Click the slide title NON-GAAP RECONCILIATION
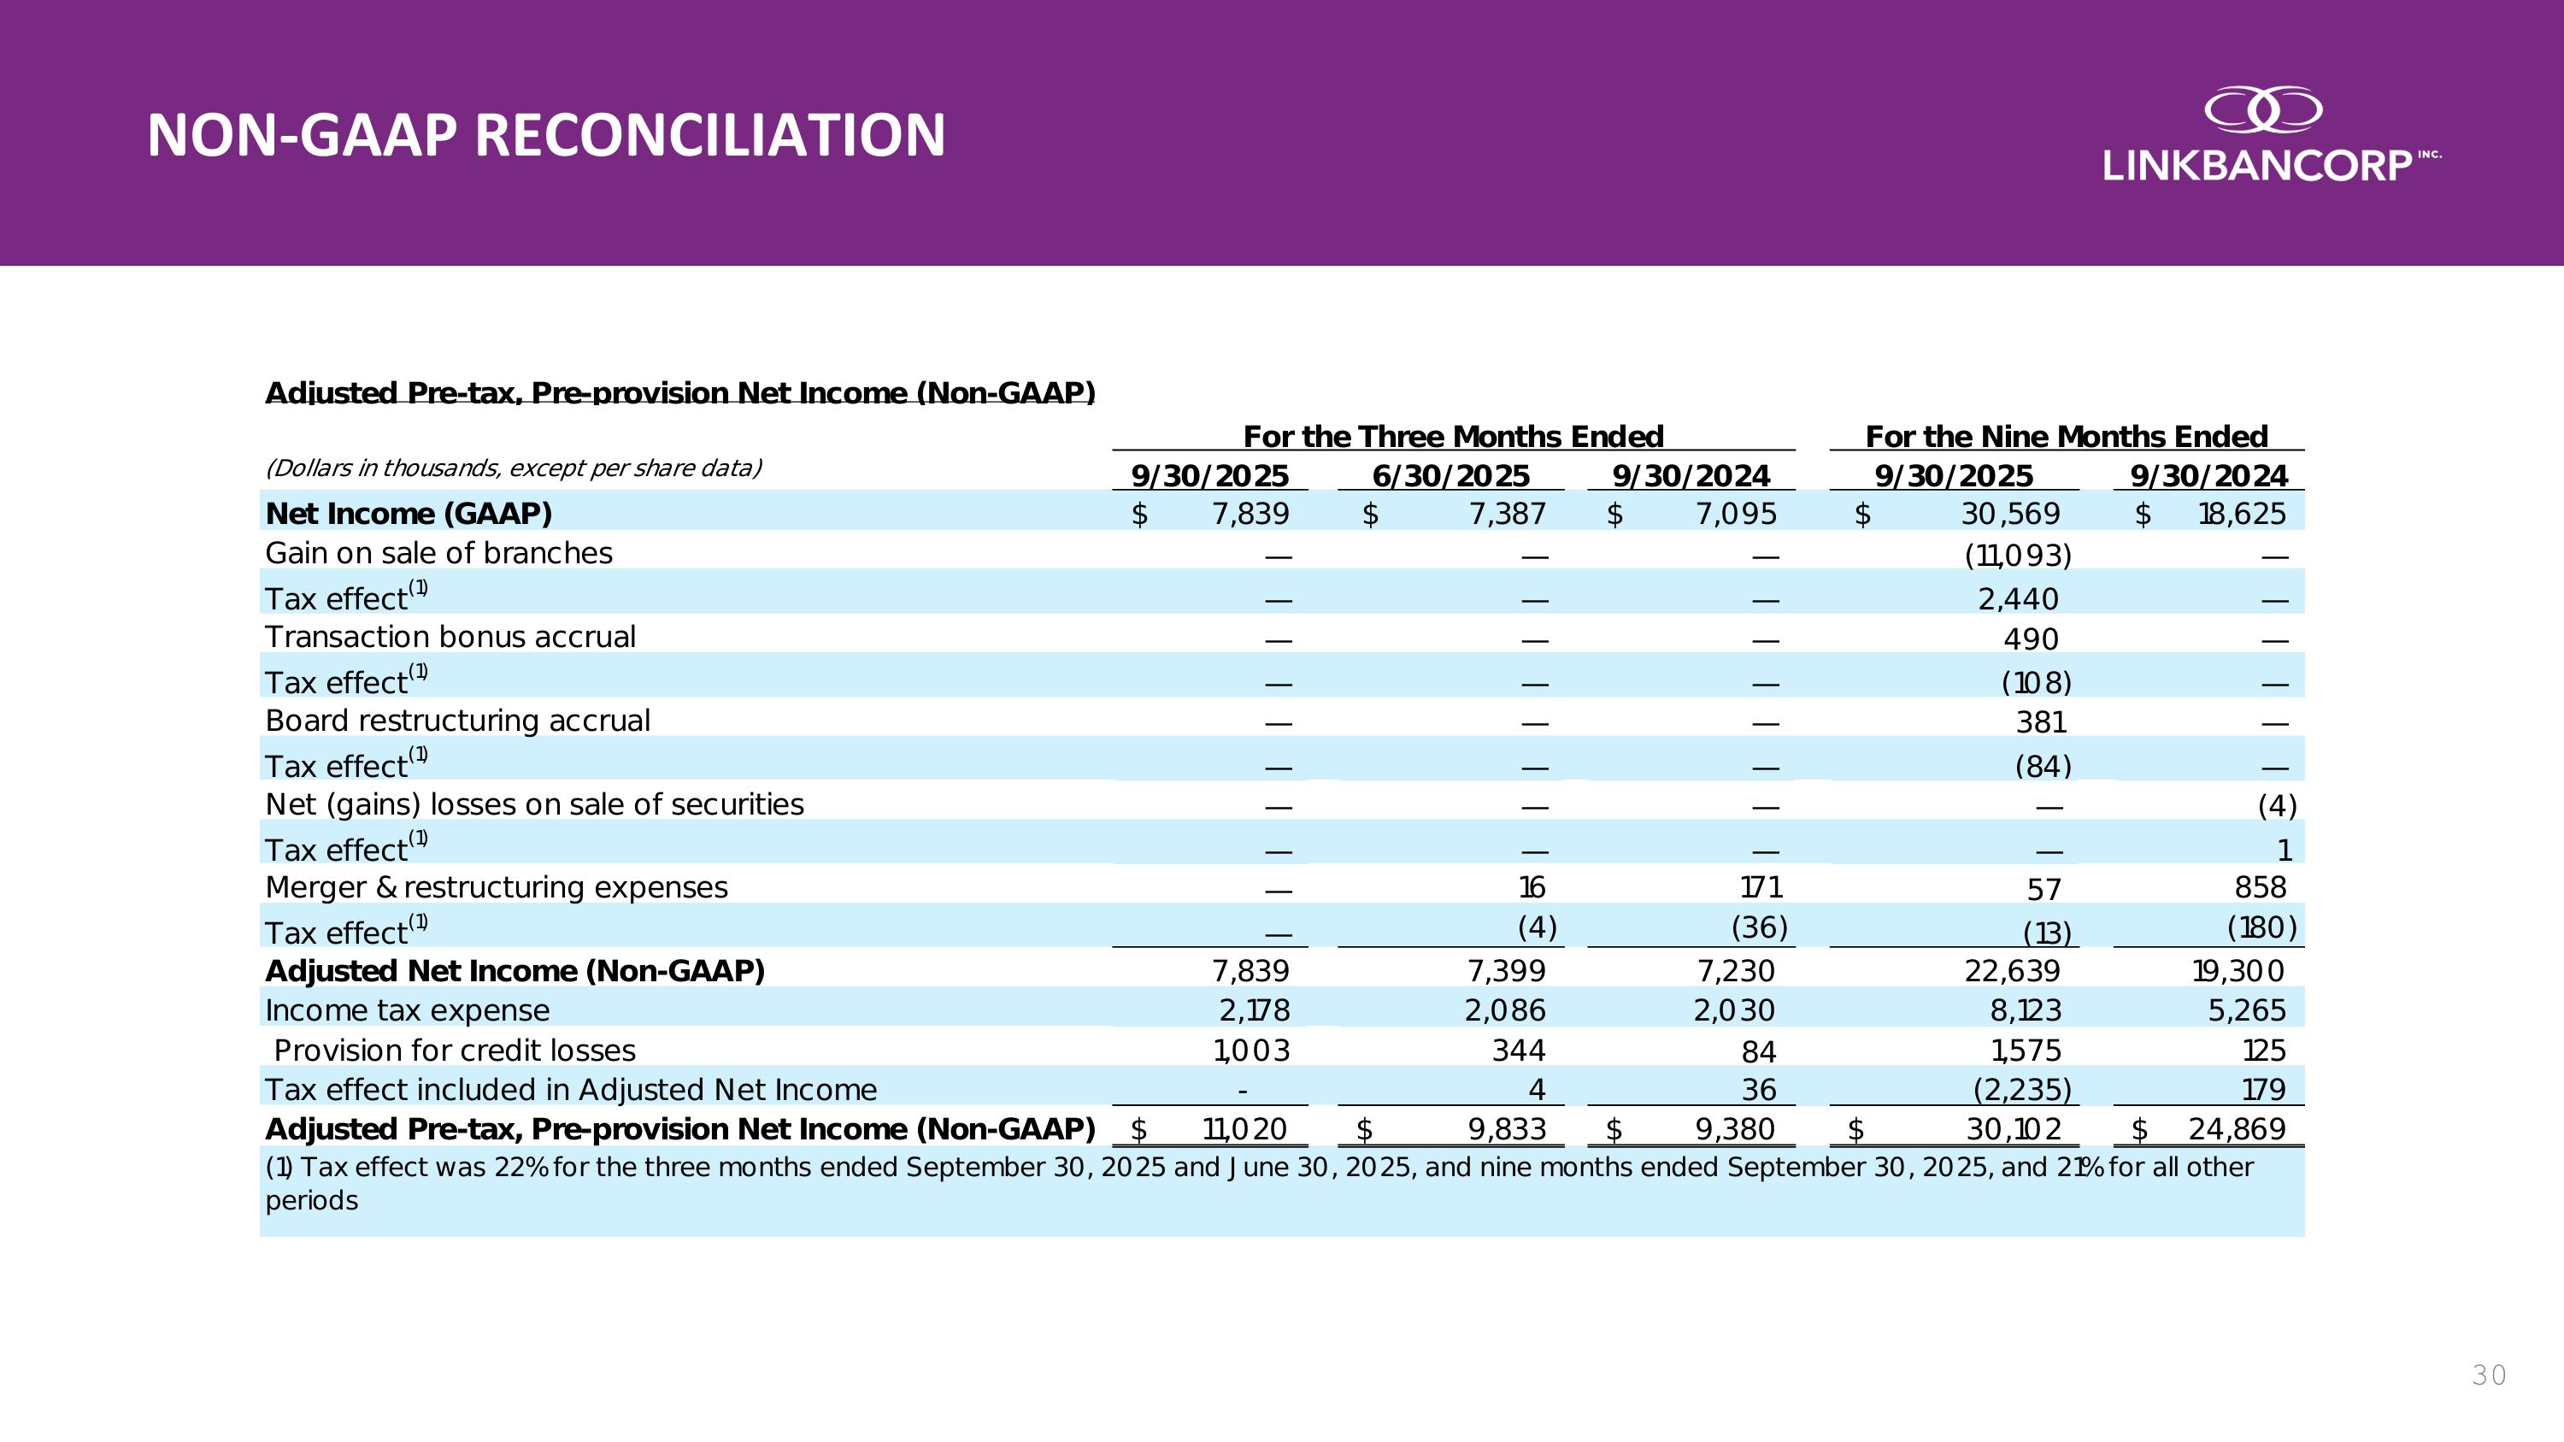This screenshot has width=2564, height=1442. (x=545, y=135)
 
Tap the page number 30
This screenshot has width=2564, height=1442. (x=2488, y=1375)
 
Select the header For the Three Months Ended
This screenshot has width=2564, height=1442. (x=1453, y=437)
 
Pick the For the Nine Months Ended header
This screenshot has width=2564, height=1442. (x=2067, y=437)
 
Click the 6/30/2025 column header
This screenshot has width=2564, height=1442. (x=1450, y=477)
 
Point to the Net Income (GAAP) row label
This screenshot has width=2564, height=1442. (x=408, y=514)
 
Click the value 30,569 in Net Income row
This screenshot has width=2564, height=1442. (x=2010, y=514)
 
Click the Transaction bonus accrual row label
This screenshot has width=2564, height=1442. (x=450, y=637)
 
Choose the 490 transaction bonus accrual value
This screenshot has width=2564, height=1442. (x=2031, y=639)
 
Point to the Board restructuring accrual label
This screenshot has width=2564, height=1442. (x=457, y=721)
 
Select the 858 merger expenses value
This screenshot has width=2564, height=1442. (x=2260, y=886)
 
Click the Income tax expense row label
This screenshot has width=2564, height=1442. (x=407, y=1011)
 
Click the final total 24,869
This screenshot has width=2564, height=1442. (x=2237, y=1129)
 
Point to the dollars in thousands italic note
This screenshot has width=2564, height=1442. (x=514, y=468)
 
